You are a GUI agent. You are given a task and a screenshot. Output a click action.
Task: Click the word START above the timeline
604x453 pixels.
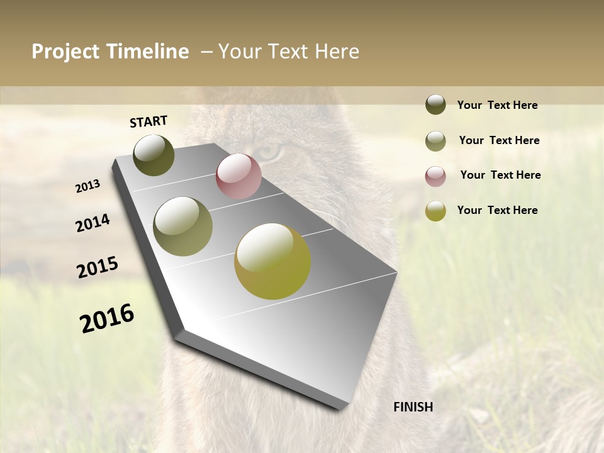[148, 121]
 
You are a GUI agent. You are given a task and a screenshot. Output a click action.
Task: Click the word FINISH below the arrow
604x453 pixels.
[413, 407]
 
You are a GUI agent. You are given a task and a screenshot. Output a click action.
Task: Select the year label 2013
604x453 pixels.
[88, 186]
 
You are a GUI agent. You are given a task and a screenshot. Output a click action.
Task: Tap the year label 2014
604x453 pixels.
[92, 223]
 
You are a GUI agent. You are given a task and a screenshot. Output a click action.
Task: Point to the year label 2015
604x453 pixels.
[98, 267]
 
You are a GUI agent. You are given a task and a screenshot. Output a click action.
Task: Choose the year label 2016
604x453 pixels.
[107, 318]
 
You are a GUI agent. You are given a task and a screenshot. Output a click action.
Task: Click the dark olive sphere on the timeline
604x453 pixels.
[154, 155]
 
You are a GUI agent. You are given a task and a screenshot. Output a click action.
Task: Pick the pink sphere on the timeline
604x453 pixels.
[238, 176]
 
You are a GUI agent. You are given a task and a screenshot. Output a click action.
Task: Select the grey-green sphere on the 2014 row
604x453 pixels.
[183, 226]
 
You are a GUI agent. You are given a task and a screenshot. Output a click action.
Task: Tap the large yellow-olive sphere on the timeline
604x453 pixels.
[272, 261]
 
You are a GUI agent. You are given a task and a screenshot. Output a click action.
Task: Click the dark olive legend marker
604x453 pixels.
[435, 104]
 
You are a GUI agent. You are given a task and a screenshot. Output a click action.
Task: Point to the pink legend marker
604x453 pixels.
[435, 176]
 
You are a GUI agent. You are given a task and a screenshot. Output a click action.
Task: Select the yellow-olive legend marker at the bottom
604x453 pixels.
[435, 211]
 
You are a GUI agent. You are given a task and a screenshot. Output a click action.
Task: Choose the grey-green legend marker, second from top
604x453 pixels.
[435, 141]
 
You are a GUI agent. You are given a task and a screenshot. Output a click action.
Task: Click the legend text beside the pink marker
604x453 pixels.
[500, 175]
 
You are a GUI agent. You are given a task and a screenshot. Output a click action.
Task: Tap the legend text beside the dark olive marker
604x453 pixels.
[497, 105]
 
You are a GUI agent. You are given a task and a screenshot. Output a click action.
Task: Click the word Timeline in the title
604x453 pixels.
[148, 52]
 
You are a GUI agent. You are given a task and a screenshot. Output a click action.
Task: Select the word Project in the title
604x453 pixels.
[65, 52]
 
